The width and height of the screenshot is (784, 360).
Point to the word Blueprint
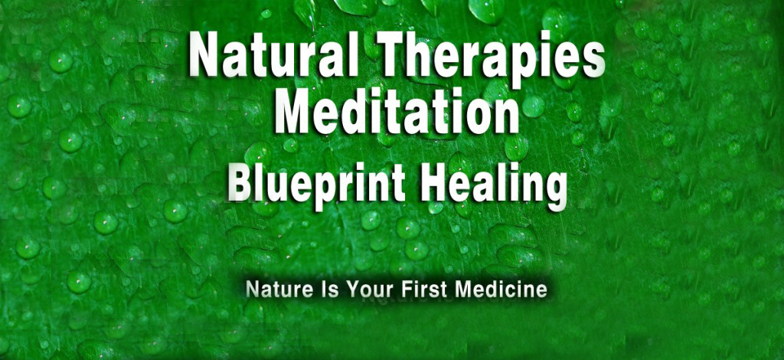tap(316, 185)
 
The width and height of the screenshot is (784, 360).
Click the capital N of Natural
tap(205, 53)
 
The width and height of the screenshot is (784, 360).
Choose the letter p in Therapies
tap(533, 65)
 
